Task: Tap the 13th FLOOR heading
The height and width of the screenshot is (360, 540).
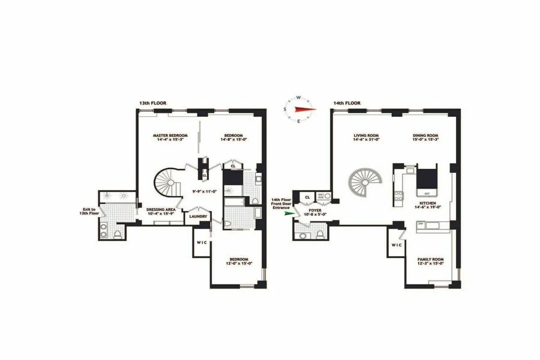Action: [153, 103]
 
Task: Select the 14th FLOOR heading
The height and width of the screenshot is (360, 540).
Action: [347, 103]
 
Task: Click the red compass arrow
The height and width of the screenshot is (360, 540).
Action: [304, 109]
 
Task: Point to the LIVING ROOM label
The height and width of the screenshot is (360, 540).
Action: [366, 135]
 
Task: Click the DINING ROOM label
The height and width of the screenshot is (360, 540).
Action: [425, 135]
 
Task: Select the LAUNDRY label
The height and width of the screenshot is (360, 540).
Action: [198, 216]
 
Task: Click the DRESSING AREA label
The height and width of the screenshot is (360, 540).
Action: [161, 210]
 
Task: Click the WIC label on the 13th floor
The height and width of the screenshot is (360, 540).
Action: [201, 242]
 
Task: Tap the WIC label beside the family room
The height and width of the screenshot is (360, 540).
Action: [396, 245]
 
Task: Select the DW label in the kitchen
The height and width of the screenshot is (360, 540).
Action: [420, 223]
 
